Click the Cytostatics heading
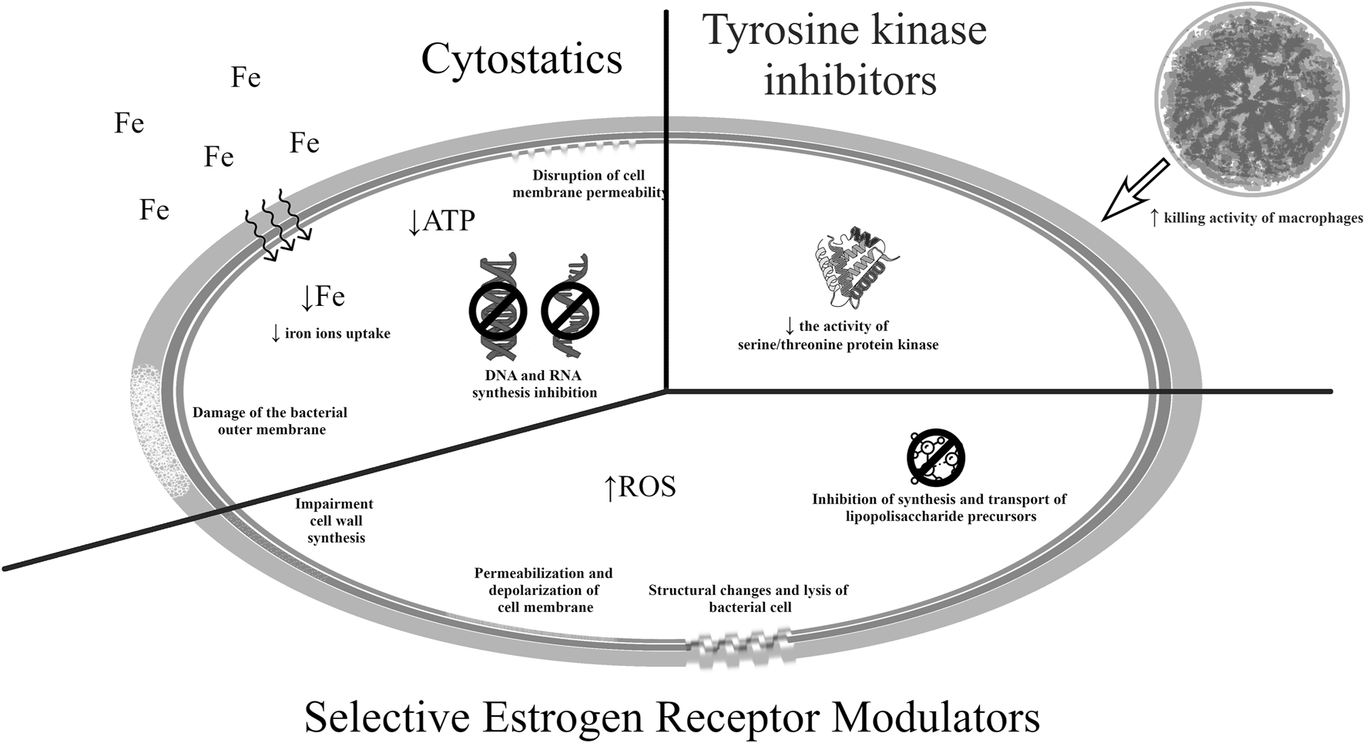pos(522,60)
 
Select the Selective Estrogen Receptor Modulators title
pos(672,717)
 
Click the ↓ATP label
pos(441,221)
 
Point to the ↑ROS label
pos(640,487)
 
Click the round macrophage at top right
pos(1253,99)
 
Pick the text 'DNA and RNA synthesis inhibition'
pos(534,384)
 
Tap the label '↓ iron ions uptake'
pos(330,334)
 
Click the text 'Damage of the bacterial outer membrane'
pos(270,421)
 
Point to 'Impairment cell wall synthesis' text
pos(335,520)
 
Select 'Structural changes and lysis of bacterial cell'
pos(748,599)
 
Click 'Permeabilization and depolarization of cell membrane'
pos(544,590)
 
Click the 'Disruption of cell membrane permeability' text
pos(589,184)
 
